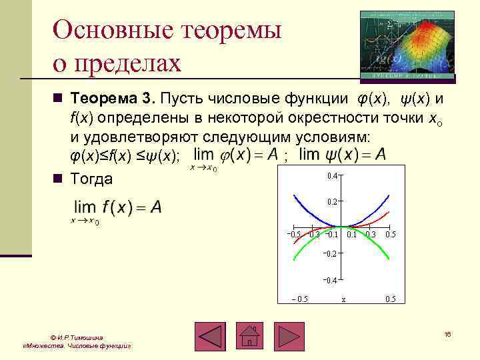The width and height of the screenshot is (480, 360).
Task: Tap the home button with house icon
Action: tap(249, 337)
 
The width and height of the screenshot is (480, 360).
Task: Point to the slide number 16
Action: tap(447, 333)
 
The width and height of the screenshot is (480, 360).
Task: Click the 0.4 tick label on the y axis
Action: tap(331, 176)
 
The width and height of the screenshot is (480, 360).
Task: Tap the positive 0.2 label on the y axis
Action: tap(331, 201)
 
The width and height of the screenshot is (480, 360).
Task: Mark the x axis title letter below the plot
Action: tap(343, 299)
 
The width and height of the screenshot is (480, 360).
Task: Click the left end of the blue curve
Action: tap(294, 195)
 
